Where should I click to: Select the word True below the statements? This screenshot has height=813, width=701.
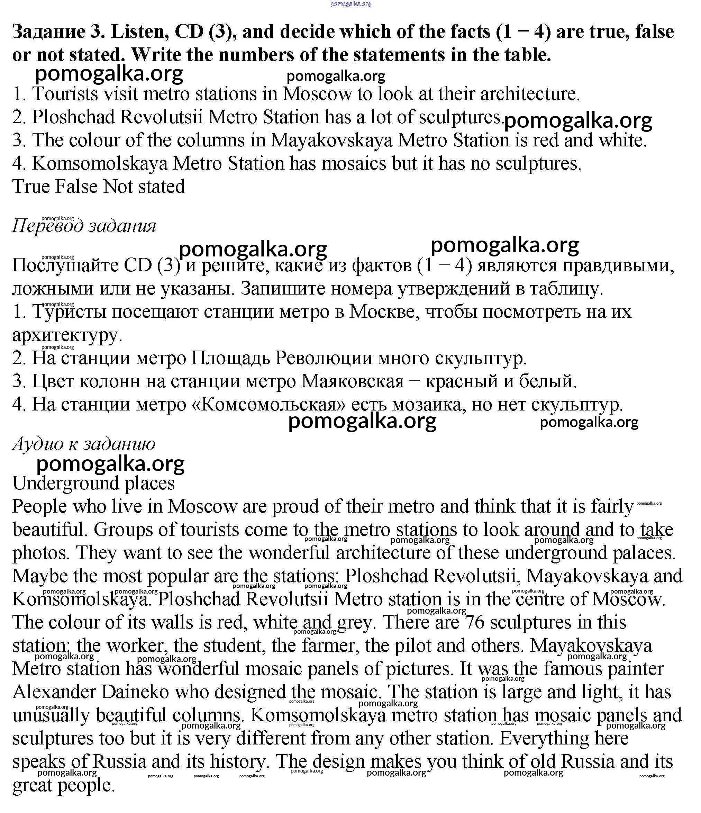(31, 187)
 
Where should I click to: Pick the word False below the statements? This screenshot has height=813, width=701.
(76, 187)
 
